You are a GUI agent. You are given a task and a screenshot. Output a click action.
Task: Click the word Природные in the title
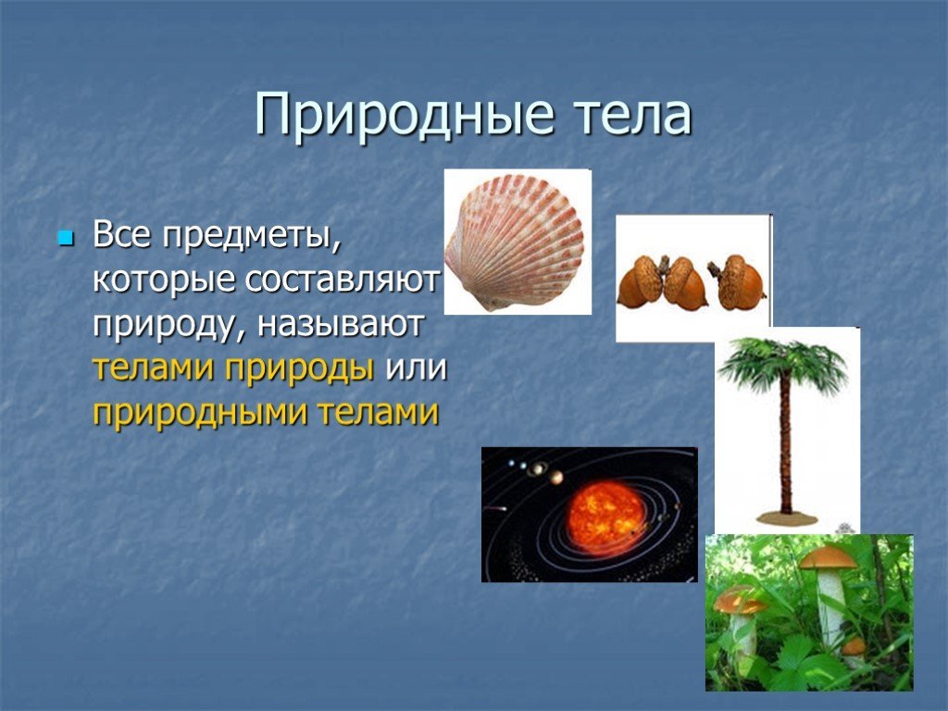pos(404,116)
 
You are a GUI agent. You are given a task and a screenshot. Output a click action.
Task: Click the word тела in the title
pos(631,116)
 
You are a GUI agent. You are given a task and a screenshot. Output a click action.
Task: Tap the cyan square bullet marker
pos(65,237)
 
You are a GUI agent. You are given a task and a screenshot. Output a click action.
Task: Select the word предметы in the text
pos(252,237)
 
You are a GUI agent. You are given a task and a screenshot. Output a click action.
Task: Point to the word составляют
pos(343,280)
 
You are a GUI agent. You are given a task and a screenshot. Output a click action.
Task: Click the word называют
pos(341,324)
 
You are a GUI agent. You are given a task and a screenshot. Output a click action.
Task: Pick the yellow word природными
pos(201,414)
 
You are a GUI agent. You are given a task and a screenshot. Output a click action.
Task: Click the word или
pos(416,368)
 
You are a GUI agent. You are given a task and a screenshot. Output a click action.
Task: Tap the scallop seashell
pos(515,242)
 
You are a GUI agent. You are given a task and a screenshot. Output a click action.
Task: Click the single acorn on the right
pos(737,282)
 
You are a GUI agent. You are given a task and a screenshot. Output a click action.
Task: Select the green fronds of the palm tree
pos(783,365)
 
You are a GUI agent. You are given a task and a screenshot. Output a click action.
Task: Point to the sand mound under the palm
pos(786,518)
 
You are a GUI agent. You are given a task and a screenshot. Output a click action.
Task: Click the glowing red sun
pos(606,519)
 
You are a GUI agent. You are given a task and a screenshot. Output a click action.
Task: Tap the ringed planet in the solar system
pos(537,468)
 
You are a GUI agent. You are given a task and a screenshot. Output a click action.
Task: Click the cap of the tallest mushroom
pos(829,557)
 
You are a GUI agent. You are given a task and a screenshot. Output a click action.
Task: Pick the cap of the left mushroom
pos(739,600)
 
